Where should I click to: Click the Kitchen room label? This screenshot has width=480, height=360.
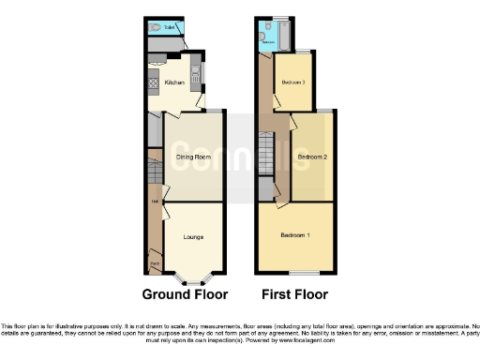coord(174,83)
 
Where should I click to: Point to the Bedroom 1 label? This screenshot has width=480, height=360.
coord(295,234)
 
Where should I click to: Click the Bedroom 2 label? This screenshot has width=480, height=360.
coord(312,157)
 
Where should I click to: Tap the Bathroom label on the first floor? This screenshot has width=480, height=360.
coord(267,42)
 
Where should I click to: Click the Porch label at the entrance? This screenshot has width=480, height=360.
coord(152,264)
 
